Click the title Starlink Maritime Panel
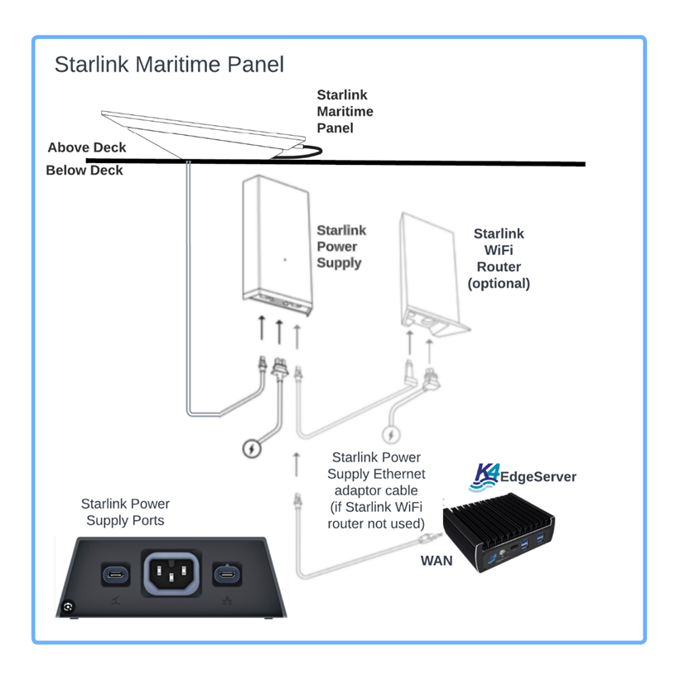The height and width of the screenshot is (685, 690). pos(169,65)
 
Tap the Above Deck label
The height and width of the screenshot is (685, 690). pos(87,147)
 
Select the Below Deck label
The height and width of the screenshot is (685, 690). pos(84,171)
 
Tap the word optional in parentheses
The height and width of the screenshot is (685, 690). pos(499,283)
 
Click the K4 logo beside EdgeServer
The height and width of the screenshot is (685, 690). pos(483,475)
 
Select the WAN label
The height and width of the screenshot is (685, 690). pos(437,561)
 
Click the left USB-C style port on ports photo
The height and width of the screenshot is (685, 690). pos(113,575)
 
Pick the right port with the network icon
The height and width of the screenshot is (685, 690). pos(226,575)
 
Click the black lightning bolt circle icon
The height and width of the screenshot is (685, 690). pos(251,448)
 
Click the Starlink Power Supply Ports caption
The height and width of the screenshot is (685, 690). pos(125,512)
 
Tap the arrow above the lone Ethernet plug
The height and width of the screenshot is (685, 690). pos(297,465)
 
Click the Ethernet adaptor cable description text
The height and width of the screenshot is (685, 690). pos(375,490)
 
